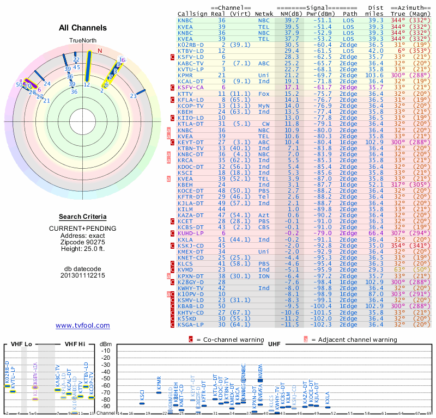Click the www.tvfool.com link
pos(82,325)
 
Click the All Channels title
pos(82,27)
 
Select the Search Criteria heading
pos(82,217)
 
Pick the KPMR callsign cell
pos(186,75)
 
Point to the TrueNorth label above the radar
pos(82,41)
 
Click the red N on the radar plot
pos(100,51)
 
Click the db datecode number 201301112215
pos(82,275)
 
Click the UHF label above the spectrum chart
pos(274,345)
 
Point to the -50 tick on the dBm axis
pos(106,379)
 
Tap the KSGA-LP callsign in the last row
pos(190,324)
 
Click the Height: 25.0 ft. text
pos(82,249)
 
